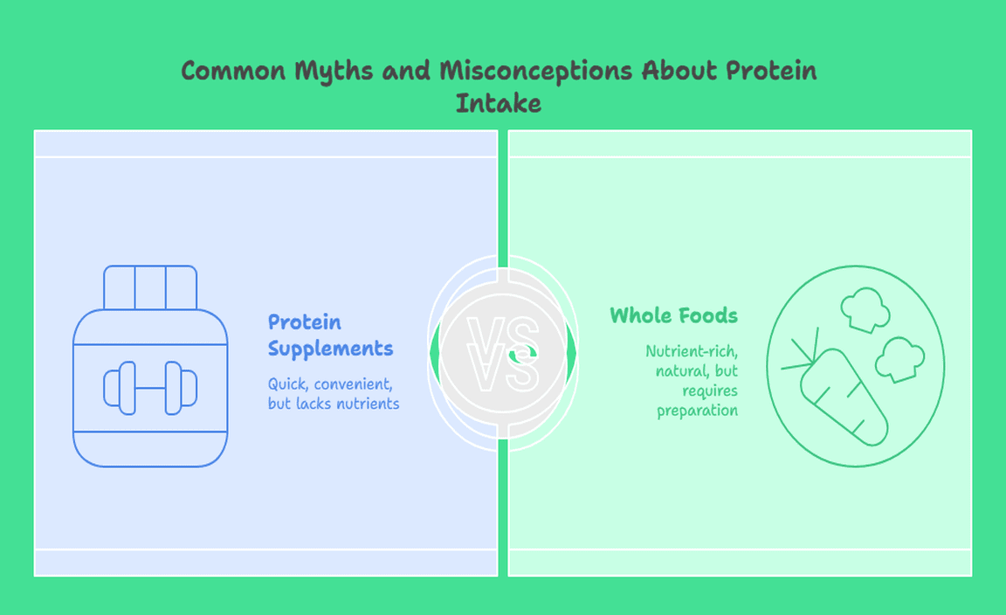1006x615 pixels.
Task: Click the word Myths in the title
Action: (x=334, y=72)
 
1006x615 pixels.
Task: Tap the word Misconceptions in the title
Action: (x=536, y=72)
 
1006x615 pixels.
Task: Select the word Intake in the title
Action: (x=499, y=103)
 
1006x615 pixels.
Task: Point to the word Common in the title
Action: (x=233, y=71)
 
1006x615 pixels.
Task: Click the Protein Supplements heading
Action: (x=330, y=335)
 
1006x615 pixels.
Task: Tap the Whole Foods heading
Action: (x=673, y=315)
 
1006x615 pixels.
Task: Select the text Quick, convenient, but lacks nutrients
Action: (x=334, y=393)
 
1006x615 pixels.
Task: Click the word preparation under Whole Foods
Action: (x=697, y=411)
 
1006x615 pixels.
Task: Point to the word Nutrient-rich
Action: (x=692, y=351)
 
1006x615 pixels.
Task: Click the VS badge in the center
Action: (x=503, y=354)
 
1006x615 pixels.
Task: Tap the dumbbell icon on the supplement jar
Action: (x=150, y=388)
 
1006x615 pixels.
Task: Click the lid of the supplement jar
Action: (x=150, y=287)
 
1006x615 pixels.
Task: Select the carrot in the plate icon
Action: (x=843, y=397)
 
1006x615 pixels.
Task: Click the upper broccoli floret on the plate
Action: (x=865, y=309)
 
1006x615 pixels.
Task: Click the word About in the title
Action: (x=680, y=71)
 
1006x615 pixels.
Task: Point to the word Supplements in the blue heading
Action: (x=330, y=349)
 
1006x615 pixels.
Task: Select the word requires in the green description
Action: (x=710, y=391)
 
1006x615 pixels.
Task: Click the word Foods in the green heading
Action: (x=708, y=315)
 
